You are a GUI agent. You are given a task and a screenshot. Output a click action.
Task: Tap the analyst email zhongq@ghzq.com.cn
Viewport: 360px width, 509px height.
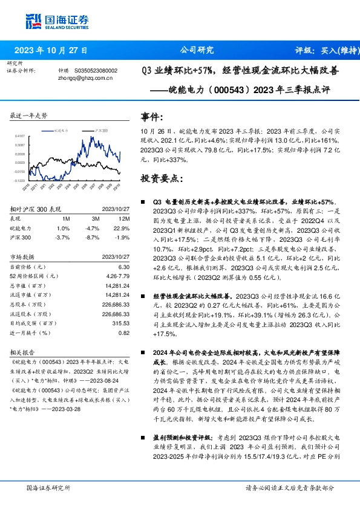[x=83, y=77]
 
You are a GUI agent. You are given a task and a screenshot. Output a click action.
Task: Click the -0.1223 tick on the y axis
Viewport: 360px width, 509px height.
[x=21, y=180]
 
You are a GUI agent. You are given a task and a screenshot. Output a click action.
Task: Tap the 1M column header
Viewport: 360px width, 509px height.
[x=66, y=218]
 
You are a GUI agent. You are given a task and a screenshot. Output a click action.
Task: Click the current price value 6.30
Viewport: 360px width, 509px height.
[x=125, y=266]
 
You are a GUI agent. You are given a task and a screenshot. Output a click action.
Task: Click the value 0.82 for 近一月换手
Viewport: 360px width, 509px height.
[x=125, y=332]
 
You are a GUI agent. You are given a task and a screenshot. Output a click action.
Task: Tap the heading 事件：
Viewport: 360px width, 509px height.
[x=151, y=116]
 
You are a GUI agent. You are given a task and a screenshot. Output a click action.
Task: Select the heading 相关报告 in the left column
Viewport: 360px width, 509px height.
[x=24, y=350]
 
